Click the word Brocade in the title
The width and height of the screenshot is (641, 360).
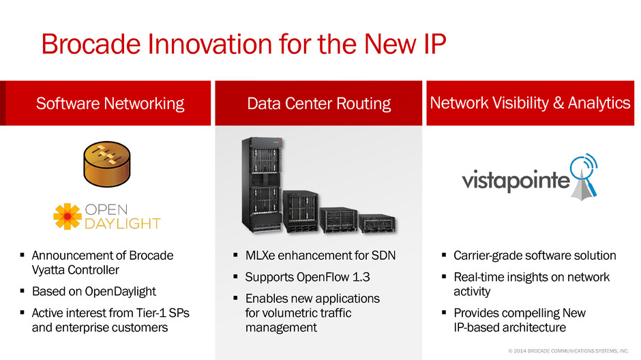(x=91, y=44)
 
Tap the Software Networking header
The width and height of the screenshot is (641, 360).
(x=110, y=104)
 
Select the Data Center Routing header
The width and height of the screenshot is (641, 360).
(x=319, y=104)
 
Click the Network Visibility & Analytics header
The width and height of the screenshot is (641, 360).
(x=530, y=102)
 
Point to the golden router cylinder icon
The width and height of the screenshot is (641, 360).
(x=106, y=164)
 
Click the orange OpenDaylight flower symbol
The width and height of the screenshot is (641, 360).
(x=67, y=216)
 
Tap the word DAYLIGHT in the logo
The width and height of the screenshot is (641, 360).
(x=122, y=224)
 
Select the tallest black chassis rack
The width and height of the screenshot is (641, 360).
(x=262, y=185)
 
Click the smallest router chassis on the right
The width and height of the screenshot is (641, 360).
(x=377, y=223)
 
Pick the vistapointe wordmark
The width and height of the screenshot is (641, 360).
(x=516, y=180)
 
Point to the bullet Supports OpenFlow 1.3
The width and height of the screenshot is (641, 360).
(x=308, y=277)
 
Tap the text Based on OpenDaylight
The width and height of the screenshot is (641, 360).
(x=93, y=291)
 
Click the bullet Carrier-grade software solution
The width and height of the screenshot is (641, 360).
(x=535, y=256)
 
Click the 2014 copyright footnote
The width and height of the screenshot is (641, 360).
(x=568, y=351)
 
